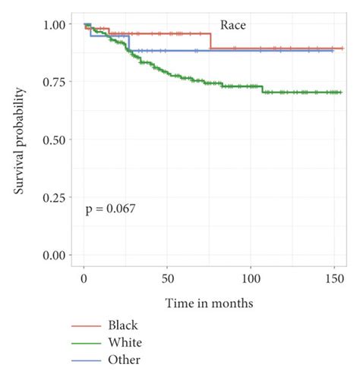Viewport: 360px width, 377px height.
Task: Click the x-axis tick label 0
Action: tap(84, 278)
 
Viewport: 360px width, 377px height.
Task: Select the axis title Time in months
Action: tap(210, 303)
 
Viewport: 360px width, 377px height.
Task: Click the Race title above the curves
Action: tap(233, 24)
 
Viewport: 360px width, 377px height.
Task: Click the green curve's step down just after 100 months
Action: tap(263, 89)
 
